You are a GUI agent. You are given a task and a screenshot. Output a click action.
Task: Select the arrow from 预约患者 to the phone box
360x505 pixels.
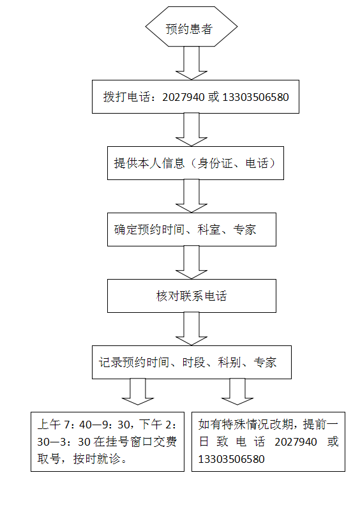click(x=191, y=63)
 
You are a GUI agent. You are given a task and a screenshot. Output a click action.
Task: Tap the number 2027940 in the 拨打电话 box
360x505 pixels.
click(x=183, y=97)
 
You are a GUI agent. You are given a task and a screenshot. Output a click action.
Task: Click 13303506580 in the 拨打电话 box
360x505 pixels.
click(x=255, y=97)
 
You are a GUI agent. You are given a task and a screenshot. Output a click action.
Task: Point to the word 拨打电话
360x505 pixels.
click(x=127, y=97)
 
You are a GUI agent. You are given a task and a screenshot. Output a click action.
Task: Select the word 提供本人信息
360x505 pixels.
click(x=149, y=163)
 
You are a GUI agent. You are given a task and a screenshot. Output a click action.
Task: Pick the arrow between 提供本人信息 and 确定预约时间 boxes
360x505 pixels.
click(x=191, y=196)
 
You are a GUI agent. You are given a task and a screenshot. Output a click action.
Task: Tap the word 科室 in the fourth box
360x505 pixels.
click(x=209, y=230)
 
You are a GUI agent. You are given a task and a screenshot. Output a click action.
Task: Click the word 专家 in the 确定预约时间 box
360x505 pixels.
click(x=244, y=230)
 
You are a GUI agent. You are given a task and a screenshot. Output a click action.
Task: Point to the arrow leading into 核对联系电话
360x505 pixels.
click(x=191, y=262)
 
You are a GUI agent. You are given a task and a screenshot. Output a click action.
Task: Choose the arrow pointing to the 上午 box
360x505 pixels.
click(x=138, y=391)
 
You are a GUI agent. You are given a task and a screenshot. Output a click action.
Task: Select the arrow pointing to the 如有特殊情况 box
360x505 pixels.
click(x=237, y=391)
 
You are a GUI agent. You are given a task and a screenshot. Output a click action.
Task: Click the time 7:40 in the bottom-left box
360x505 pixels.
click(x=78, y=425)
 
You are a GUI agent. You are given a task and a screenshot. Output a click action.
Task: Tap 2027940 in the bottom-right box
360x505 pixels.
click(x=296, y=442)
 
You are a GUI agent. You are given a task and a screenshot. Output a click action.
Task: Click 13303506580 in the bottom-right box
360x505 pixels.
click(x=231, y=459)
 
